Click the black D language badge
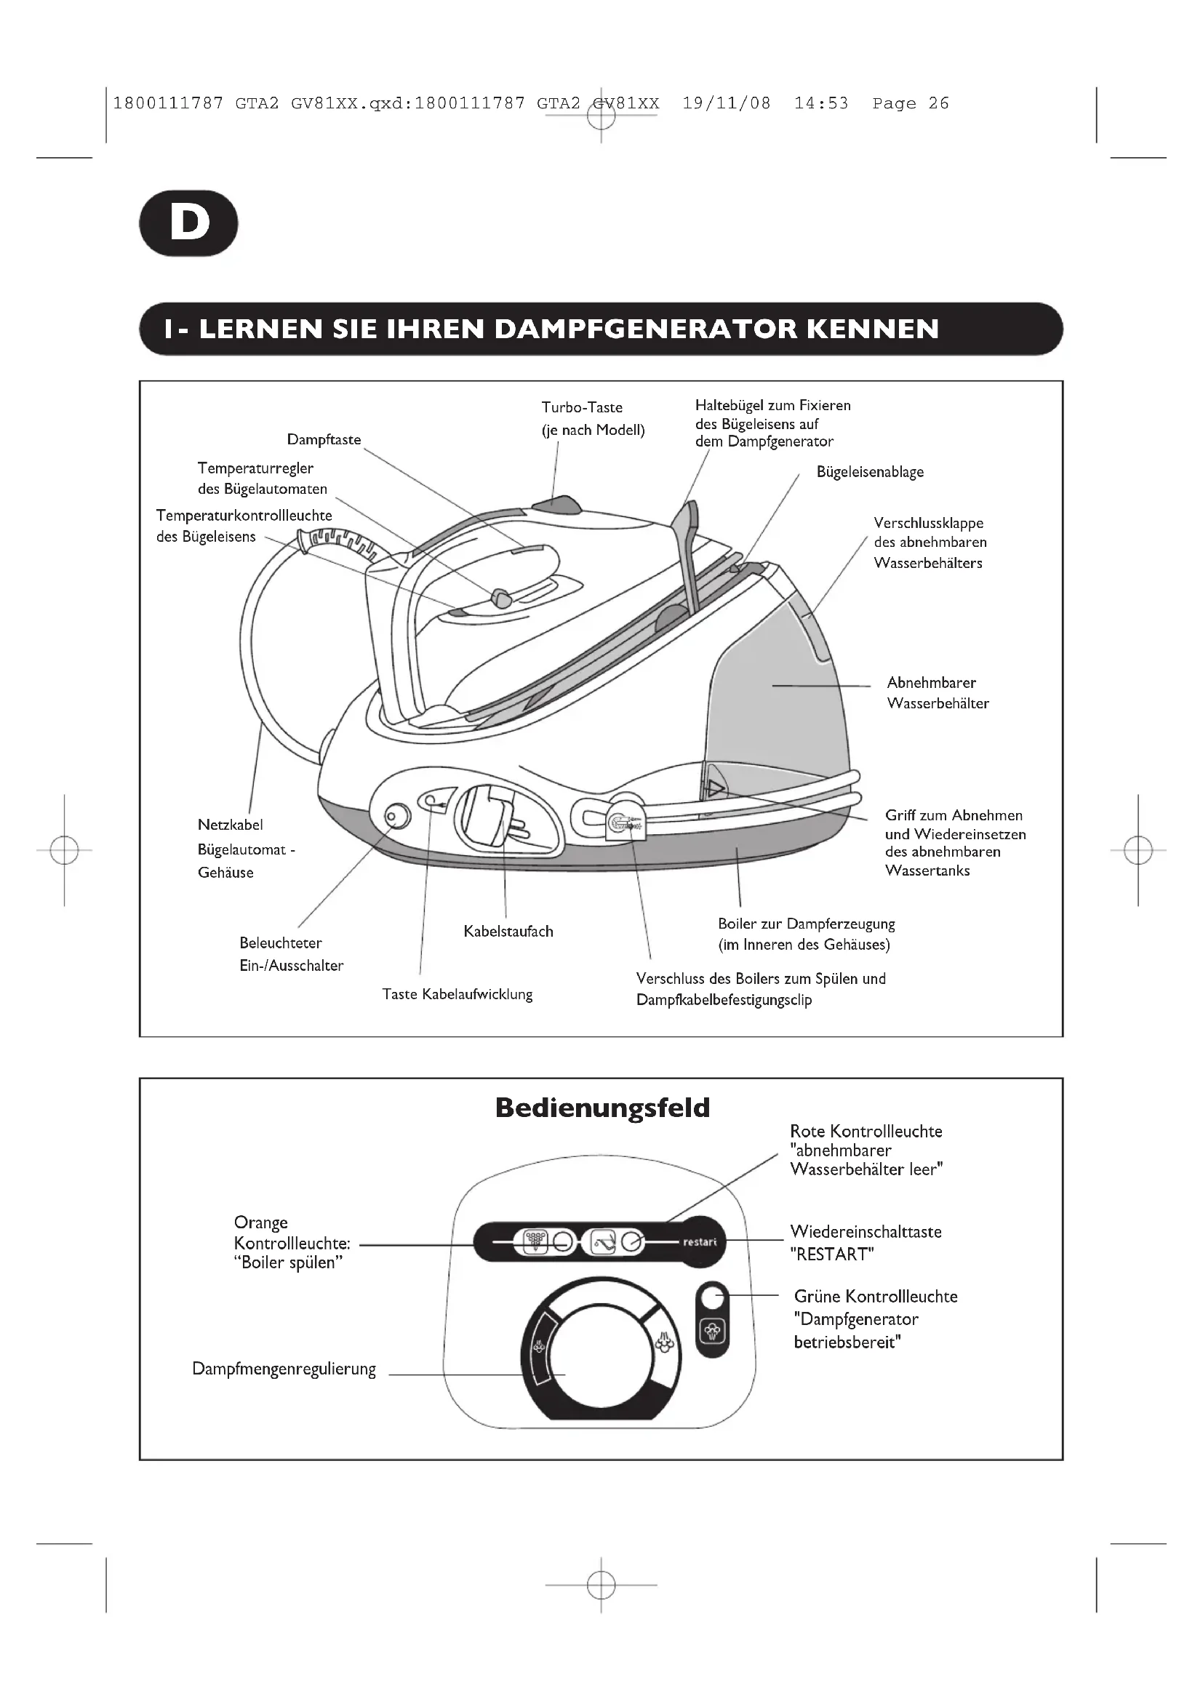[x=189, y=223]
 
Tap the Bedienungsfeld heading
[x=602, y=1108]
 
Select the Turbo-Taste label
[x=583, y=407]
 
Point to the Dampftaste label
[x=324, y=440]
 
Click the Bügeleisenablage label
[x=870, y=472]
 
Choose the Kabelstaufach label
[x=508, y=932]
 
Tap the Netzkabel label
[x=231, y=825]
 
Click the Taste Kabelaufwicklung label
[x=457, y=994]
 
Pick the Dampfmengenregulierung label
[x=284, y=1369]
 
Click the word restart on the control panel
[x=699, y=1242]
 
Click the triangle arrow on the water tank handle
[x=714, y=788]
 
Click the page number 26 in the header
[x=938, y=104]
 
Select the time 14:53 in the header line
[x=820, y=104]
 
